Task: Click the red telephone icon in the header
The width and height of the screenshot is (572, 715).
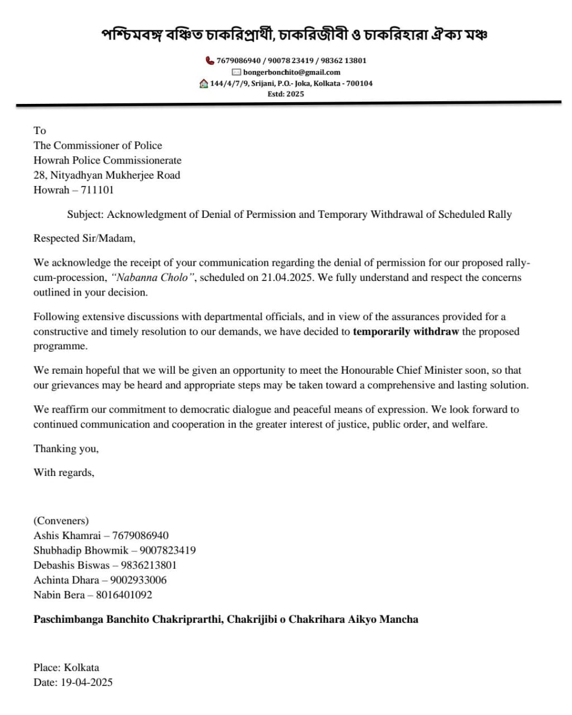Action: click(x=210, y=60)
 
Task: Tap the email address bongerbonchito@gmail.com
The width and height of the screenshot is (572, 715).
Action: click(x=292, y=72)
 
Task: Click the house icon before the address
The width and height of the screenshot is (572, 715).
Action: click(x=204, y=83)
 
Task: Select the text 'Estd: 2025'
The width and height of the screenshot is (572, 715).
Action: click(x=285, y=94)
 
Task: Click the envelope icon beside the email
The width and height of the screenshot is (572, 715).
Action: click(x=236, y=72)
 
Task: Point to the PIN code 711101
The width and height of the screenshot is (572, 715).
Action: click(x=97, y=190)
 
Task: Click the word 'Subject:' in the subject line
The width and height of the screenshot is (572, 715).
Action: click(x=85, y=214)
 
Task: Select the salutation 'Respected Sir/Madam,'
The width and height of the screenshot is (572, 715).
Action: click(x=84, y=238)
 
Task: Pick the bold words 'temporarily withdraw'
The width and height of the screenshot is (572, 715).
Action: click(x=406, y=331)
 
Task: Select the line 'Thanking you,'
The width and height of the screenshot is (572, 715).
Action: click(x=66, y=449)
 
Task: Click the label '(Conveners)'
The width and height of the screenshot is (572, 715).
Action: click(x=61, y=521)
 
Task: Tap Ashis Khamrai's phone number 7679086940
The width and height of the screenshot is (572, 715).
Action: click(x=140, y=535)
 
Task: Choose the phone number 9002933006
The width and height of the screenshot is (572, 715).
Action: click(x=139, y=580)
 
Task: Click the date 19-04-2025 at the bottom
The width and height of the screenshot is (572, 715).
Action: click(x=87, y=682)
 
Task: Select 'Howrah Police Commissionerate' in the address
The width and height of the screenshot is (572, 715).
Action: click(x=107, y=160)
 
